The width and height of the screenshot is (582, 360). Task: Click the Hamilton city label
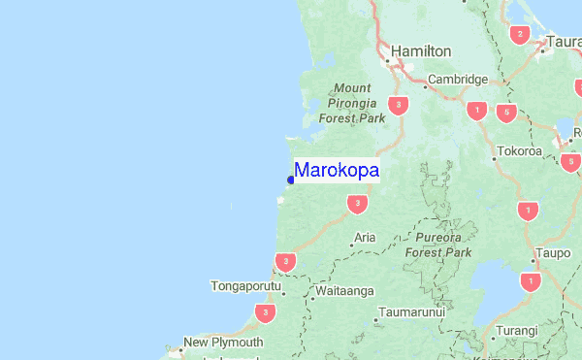[421, 50]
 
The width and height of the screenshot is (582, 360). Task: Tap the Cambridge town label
[458, 80]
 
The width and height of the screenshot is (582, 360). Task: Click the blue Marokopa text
[337, 170]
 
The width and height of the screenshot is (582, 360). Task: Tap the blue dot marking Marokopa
[291, 180]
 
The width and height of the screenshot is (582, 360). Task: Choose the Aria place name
[365, 237]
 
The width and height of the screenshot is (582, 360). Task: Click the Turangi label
[516, 331]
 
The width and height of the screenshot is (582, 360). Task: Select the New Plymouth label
[223, 342]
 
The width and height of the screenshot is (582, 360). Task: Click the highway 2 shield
[520, 35]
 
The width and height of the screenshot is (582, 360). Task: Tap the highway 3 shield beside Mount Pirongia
[397, 104]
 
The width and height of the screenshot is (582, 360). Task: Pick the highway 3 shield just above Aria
[358, 204]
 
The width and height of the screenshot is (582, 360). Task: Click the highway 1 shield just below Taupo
[530, 282]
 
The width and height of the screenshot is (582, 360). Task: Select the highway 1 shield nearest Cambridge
[476, 111]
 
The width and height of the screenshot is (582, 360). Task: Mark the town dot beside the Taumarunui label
[375, 320]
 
